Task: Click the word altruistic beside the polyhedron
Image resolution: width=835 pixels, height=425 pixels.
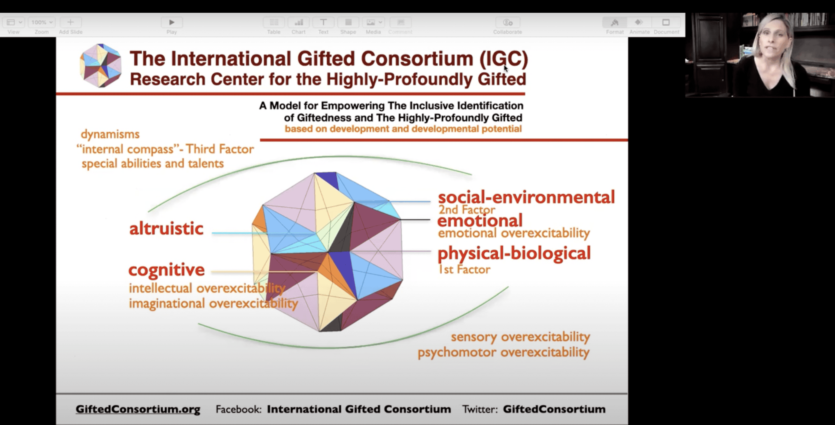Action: click(166, 228)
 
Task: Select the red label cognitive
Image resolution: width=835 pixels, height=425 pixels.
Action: click(167, 270)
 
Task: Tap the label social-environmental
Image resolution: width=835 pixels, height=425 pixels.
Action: click(526, 197)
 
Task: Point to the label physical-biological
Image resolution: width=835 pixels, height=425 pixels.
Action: click(514, 253)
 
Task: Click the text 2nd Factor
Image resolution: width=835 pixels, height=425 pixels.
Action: click(467, 210)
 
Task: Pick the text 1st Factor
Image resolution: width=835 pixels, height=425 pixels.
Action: click(464, 269)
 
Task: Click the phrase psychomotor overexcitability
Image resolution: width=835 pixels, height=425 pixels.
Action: click(503, 352)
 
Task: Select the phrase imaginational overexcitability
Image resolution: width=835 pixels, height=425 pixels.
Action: click(213, 303)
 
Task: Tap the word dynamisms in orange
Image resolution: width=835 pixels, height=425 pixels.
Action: click(110, 134)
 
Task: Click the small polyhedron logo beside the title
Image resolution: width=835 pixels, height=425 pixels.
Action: click(101, 66)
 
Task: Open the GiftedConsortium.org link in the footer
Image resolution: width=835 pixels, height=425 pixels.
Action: click(138, 409)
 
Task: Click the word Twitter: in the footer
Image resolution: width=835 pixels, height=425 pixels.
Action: click(480, 409)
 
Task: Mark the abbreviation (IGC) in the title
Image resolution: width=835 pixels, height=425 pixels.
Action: click(504, 59)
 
